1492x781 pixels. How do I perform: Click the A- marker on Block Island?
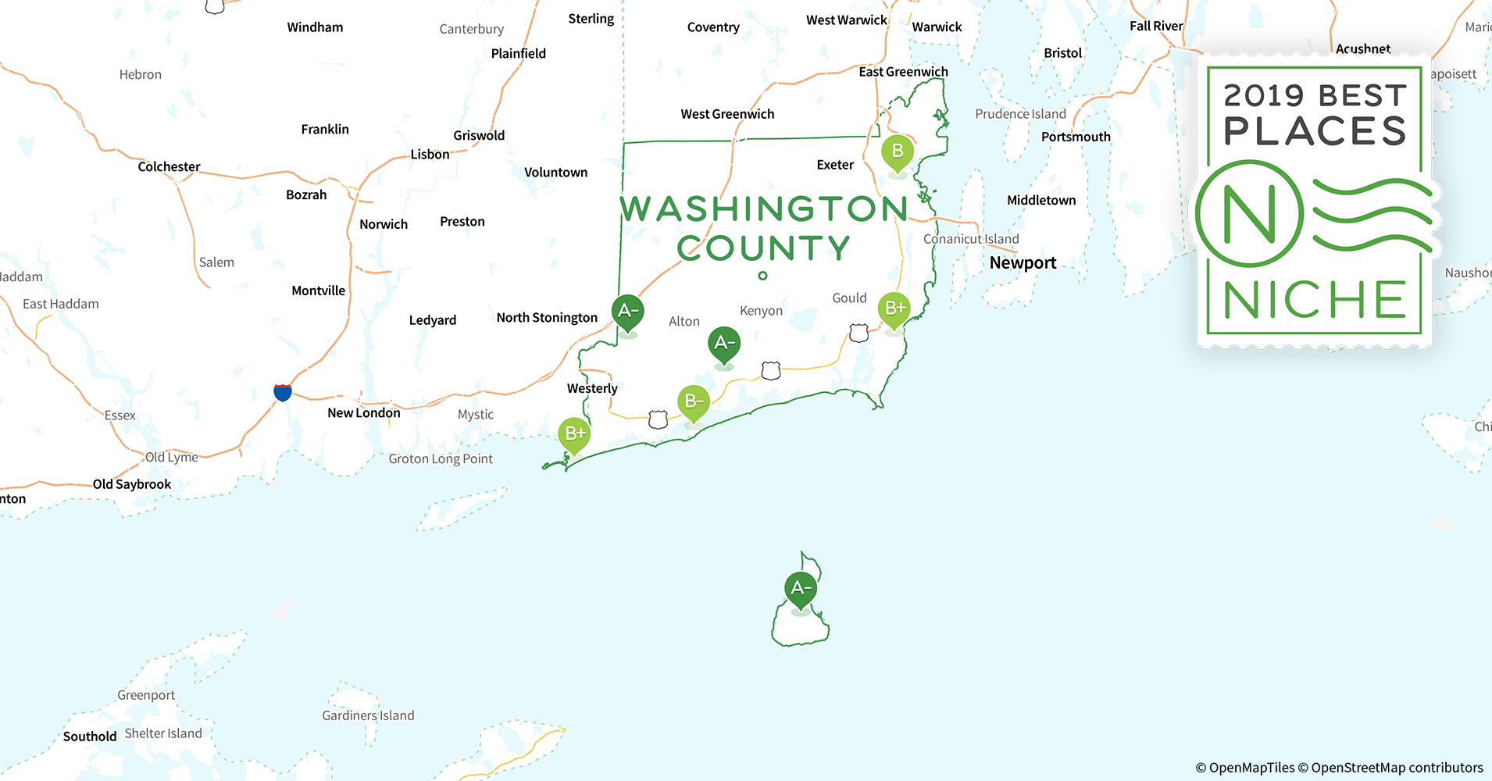tap(801, 590)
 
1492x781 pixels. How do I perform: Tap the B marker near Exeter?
tap(898, 152)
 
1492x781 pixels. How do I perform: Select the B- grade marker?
tap(693, 402)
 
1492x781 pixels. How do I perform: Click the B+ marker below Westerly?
tap(574, 433)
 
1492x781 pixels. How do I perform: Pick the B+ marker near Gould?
tap(894, 308)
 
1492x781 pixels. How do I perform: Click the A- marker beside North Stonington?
tap(627, 312)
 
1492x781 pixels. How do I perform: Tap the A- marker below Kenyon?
tap(724, 343)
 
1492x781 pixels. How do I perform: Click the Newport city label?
tap(1023, 263)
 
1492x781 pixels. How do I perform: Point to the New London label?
tap(363, 413)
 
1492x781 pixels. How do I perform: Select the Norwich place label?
tap(383, 224)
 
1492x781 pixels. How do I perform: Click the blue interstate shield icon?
tap(283, 392)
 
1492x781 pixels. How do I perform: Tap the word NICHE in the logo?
tap(1315, 301)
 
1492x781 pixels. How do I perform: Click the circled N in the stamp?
tap(1249, 214)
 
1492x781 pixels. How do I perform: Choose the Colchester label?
tap(169, 167)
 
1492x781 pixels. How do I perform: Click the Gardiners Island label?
tap(368, 715)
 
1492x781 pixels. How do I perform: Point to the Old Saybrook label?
tap(132, 484)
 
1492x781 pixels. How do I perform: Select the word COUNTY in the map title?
tap(763, 248)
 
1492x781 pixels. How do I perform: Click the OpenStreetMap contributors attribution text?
tap(1397, 768)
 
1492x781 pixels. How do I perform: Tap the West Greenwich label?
tap(727, 114)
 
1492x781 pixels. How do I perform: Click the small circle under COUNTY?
tap(762, 276)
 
